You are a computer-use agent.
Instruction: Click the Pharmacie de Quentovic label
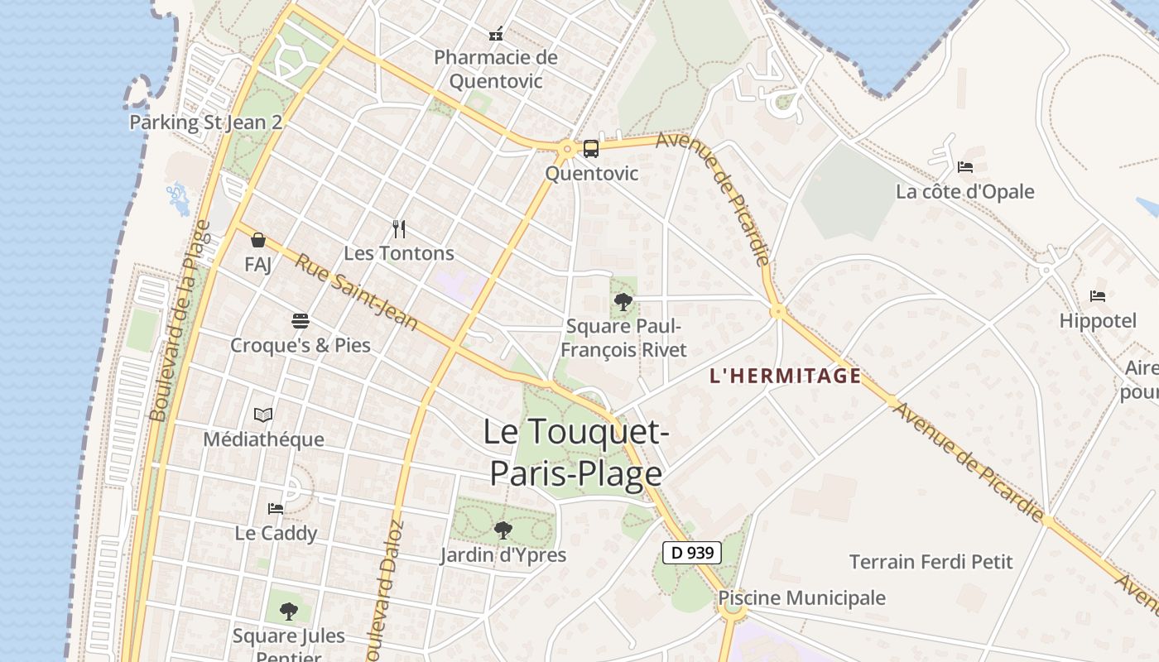[496, 70]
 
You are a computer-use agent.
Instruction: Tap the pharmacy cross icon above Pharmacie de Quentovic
[496, 34]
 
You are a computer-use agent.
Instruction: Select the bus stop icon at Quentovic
[591, 149]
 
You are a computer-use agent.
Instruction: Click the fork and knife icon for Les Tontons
[399, 228]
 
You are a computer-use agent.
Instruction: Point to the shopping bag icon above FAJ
[258, 240]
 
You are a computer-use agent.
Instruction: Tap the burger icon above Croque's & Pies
[300, 321]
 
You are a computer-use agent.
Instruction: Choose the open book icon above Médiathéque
[263, 415]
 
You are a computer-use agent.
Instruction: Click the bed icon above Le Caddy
[276, 508]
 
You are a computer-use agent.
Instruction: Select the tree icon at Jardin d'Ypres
[503, 530]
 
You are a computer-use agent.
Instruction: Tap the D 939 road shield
[692, 553]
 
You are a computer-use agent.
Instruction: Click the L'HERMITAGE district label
[786, 377]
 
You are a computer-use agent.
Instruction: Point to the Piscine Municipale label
[801, 598]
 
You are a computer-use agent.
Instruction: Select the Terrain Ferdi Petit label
[931, 563]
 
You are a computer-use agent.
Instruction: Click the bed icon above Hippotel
[1098, 296]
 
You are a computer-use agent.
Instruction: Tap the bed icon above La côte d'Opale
[965, 167]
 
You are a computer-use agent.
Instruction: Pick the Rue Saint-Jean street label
[357, 292]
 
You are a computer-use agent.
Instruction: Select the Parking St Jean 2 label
[205, 123]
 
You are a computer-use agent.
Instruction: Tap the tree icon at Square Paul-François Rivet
[623, 302]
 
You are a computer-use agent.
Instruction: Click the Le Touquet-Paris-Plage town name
[576, 453]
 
